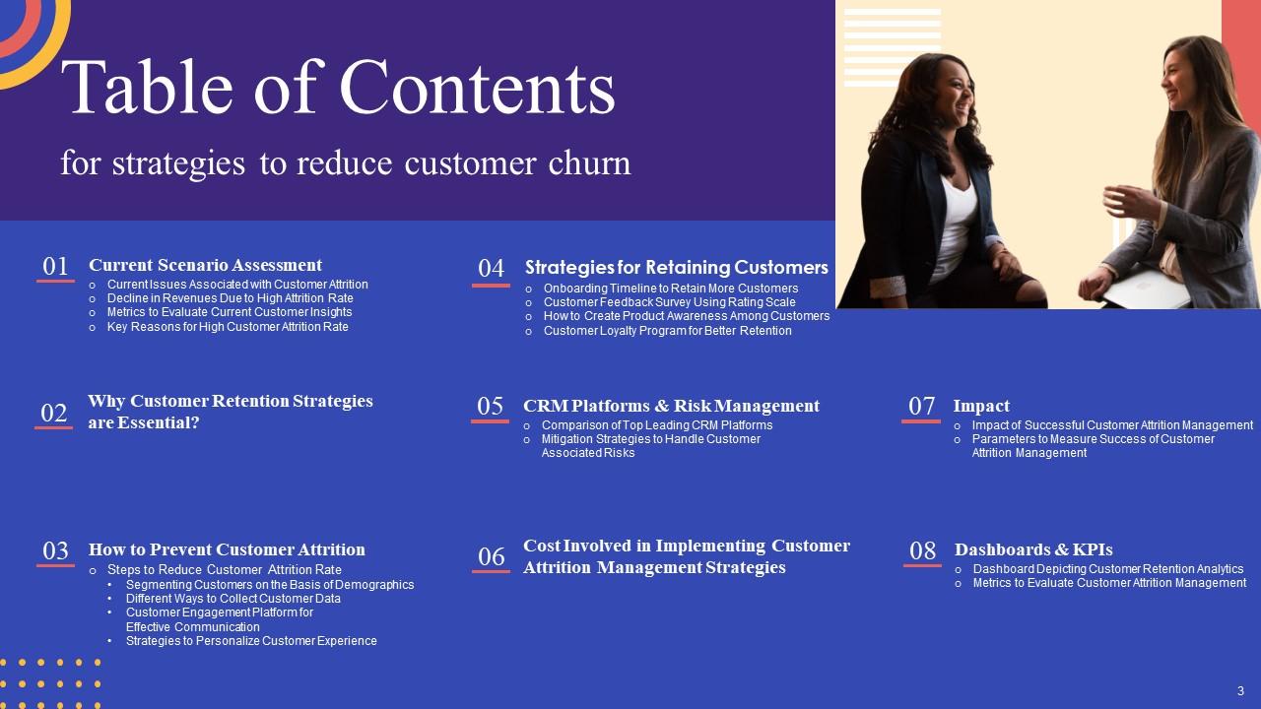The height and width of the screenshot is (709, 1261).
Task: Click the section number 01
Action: [x=55, y=267]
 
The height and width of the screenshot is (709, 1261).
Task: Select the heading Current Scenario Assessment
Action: [x=205, y=265]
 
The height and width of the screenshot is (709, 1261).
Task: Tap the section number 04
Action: [x=491, y=269]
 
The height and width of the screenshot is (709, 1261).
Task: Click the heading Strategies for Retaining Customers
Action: [x=676, y=268]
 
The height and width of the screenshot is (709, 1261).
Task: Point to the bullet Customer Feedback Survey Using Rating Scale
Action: [x=669, y=302]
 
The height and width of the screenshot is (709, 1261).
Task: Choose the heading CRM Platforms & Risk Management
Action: [x=671, y=406]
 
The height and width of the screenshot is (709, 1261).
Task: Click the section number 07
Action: [x=921, y=407]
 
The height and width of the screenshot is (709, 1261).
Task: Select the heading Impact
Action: [x=981, y=406]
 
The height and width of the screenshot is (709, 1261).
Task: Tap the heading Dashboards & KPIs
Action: [x=1033, y=549]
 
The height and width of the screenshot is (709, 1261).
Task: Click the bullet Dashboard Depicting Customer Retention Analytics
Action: [x=1107, y=569]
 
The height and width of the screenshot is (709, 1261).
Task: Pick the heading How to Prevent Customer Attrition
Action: [x=227, y=549]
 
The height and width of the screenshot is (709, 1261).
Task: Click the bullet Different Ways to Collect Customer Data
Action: [x=232, y=599]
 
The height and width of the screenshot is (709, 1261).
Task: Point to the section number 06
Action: [x=491, y=557]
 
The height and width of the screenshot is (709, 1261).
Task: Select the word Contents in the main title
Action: [x=478, y=89]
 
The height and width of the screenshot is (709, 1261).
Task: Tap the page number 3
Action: [x=1240, y=690]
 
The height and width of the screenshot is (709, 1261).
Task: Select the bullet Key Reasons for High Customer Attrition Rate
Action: [x=227, y=327]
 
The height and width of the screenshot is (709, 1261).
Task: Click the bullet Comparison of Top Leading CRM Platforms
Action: [x=656, y=425]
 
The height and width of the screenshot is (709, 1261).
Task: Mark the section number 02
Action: [x=54, y=414]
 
